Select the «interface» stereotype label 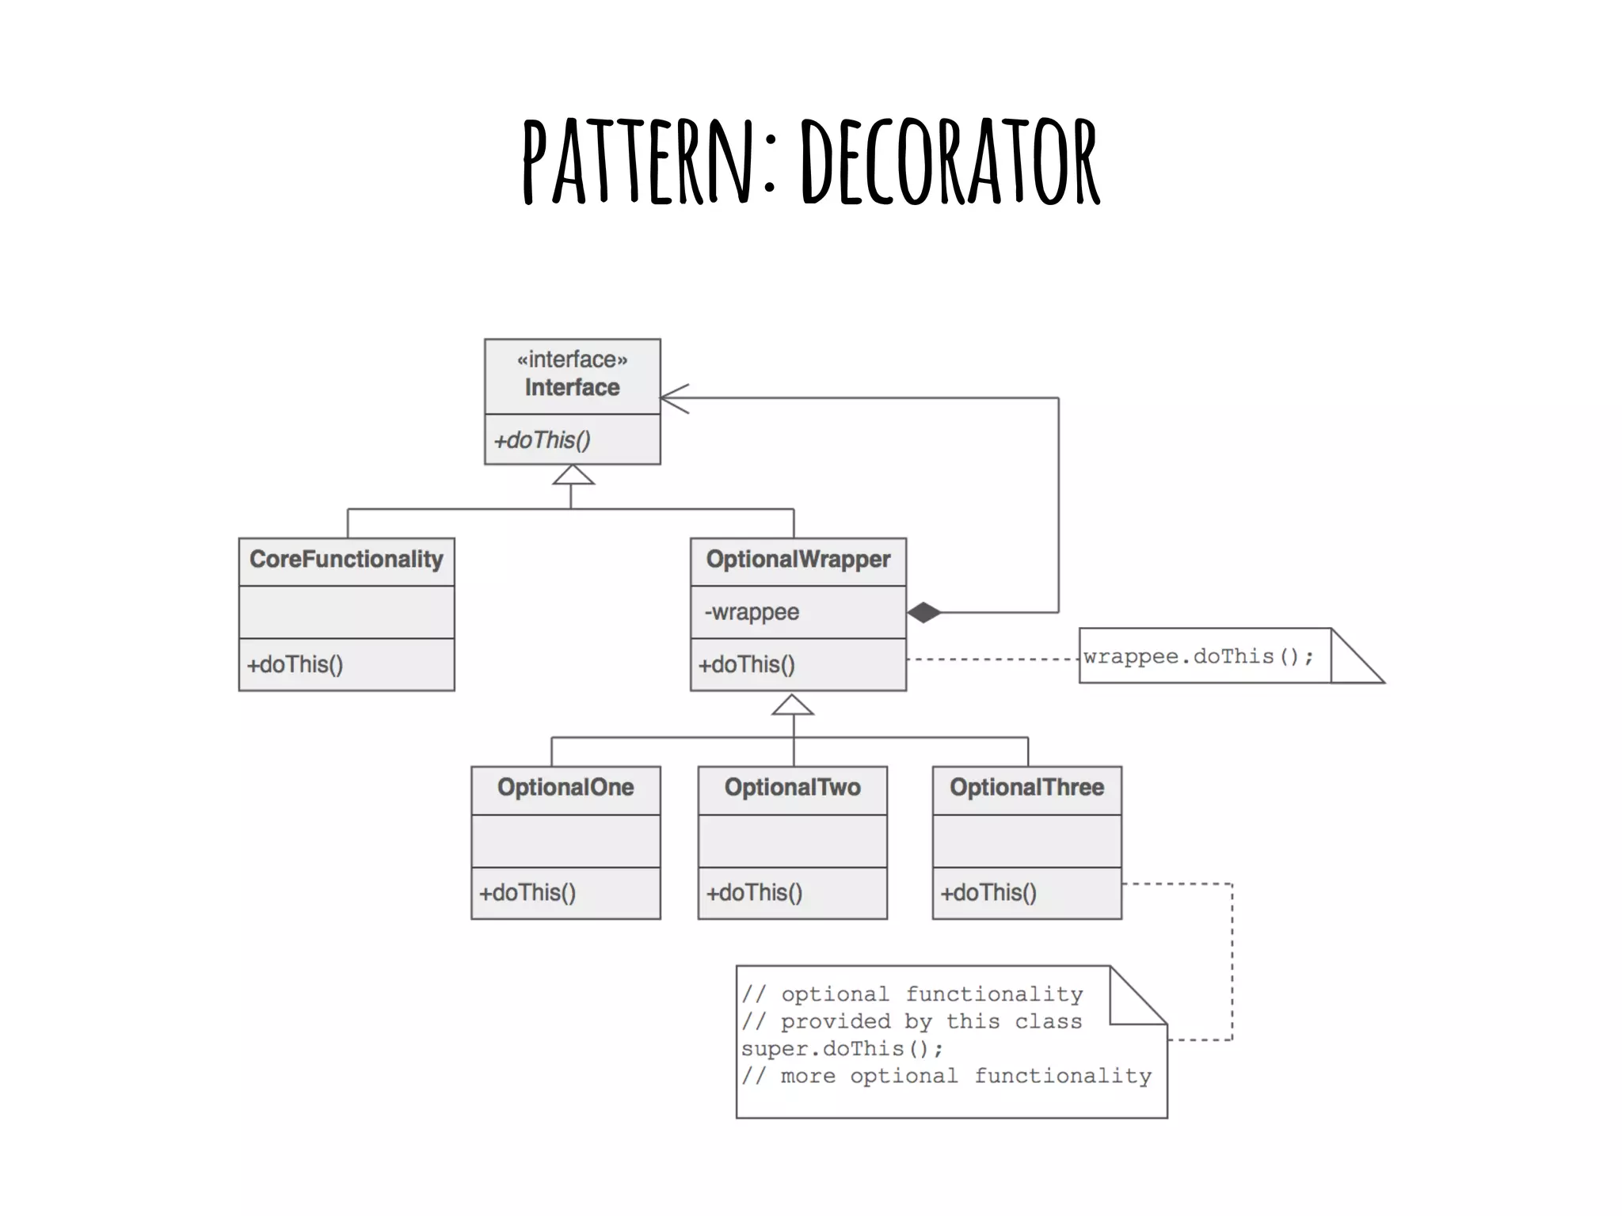(572, 359)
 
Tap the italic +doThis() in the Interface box (543, 440)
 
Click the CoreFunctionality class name (346, 560)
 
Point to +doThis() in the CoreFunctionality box (295, 665)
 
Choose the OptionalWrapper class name (798, 560)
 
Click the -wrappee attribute (752, 612)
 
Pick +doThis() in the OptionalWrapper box (746, 665)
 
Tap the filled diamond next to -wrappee (923, 613)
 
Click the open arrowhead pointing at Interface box (674, 398)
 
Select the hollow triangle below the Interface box (573, 475)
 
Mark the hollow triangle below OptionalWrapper (793, 705)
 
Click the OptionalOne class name (565, 788)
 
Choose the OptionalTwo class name (792, 788)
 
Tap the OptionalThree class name (1026, 788)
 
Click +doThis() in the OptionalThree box (988, 893)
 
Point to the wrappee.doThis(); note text (1198, 656)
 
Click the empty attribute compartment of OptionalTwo (792, 841)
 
